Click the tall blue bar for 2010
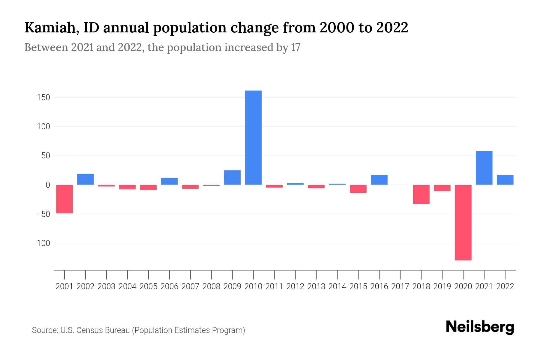coord(253,137)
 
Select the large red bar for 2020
coord(463,222)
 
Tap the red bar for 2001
coord(64,199)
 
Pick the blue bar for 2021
coord(484,168)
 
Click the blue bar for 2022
coord(505,180)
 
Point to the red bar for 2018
coord(421,194)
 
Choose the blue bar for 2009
coord(232,177)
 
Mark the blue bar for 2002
coord(85,179)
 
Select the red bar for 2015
coord(358,189)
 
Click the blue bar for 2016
coord(379,180)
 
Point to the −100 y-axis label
coord(41,243)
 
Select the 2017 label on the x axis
coord(400,286)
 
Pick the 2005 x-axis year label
coord(148,286)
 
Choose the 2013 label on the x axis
coord(316,286)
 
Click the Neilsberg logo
coord(480,327)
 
